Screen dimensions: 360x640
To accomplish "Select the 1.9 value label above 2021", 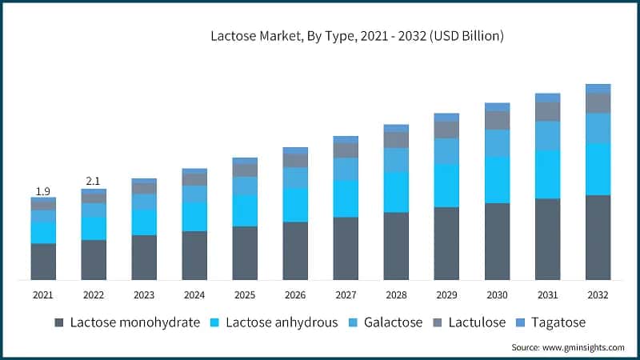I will point(43,191).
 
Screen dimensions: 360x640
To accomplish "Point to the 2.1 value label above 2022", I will point(94,181).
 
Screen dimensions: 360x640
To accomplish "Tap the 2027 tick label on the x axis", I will point(346,295).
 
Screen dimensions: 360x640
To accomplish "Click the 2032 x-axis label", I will point(598,295).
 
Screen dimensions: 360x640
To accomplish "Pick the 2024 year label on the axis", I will point(194,295).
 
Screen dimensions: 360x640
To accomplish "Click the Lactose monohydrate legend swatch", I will point(59,323).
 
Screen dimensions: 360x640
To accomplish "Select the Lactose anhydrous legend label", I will point(282,323).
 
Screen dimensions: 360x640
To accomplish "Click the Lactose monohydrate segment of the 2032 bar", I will point(598,238).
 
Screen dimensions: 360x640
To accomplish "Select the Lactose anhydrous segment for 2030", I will point(497,180).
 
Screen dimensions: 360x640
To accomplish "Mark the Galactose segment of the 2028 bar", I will point(396,160).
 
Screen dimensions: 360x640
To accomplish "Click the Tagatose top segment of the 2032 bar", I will point(598,89).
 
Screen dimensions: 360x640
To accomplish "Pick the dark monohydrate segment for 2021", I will point(43,262).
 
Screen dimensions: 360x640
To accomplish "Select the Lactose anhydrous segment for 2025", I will point(245,210).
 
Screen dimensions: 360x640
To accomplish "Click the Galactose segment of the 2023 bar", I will point(144,202).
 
